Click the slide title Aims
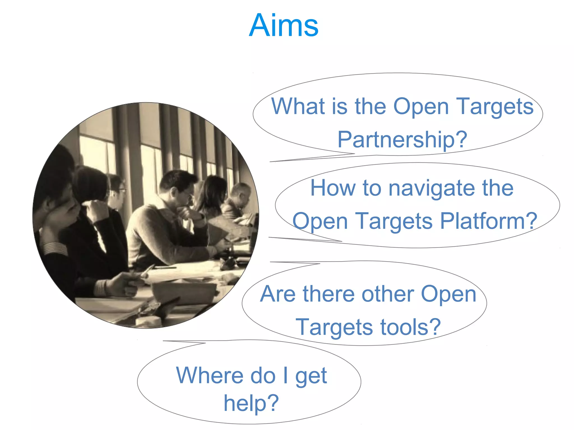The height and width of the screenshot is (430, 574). (x=284, y=26)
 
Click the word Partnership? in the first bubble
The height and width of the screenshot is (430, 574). (x=402, y=139)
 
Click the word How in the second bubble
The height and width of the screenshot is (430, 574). (x=333, y=188)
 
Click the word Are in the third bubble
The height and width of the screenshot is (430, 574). (x=277, y=294)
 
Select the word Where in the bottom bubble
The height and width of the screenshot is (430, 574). (x=209, y=375)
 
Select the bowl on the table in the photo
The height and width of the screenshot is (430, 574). (x=184, y=291)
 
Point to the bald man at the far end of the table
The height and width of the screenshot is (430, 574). (x=240, y=193)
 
